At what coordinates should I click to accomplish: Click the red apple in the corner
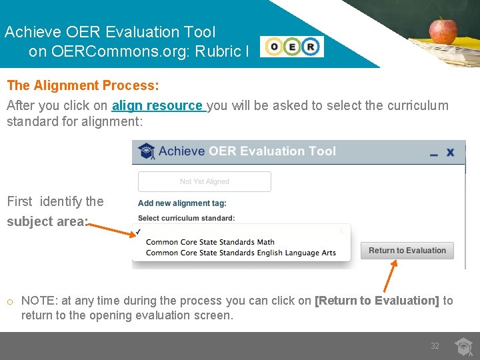[443, 30]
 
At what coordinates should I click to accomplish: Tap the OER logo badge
[292, 47]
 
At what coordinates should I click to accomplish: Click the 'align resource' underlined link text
[158, 105]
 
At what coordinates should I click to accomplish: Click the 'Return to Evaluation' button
[407, 251]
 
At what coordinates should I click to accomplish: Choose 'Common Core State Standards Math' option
[210, 242]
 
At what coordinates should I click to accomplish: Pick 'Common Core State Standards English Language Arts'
[241, 253]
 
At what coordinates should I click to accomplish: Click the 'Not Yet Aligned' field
[204, 181]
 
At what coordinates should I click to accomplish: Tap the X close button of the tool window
[450, 152]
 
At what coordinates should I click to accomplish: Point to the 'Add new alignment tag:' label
[182, 203]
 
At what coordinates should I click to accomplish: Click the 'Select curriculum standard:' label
[186, 218]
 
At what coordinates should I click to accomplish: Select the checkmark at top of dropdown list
[138, 232]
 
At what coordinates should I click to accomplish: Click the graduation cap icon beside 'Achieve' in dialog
[146, 151]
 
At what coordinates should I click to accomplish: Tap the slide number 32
[435, 346]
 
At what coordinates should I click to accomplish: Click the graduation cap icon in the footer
[463, 346]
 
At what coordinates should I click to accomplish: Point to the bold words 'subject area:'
[47, 221]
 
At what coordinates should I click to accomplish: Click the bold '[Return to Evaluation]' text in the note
[377, 301]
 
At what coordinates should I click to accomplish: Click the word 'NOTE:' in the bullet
[38, 301]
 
